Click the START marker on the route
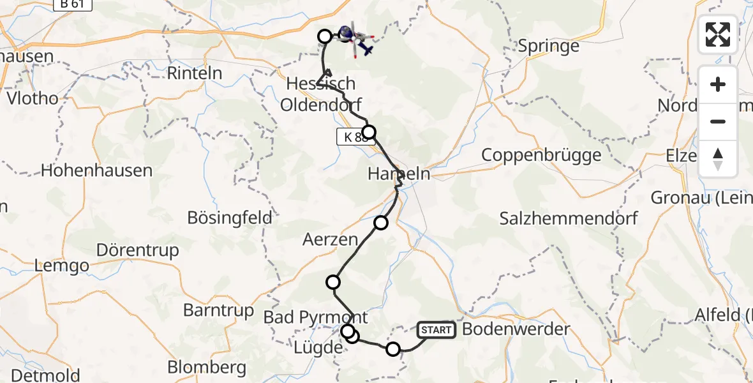point(436,330)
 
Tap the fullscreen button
point(718,34)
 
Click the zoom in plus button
point(718,84)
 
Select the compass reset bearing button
point(718,159)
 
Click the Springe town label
point(549,46)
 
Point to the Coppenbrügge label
point(541,154)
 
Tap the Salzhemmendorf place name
point(569,218)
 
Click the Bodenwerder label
point(516,329)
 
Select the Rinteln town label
point(195,73)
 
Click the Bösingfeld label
point(230,218)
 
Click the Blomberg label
point(207,368)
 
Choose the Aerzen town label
point(331,240)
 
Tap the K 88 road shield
point(353,137)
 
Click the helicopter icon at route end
point(355,38)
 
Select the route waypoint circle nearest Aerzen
point(381,222)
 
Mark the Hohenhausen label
point(96,170)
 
